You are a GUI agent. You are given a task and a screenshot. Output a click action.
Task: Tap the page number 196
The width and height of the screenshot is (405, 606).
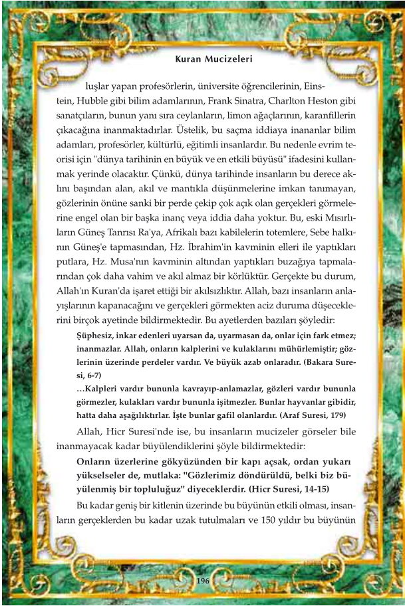point(203,580)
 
